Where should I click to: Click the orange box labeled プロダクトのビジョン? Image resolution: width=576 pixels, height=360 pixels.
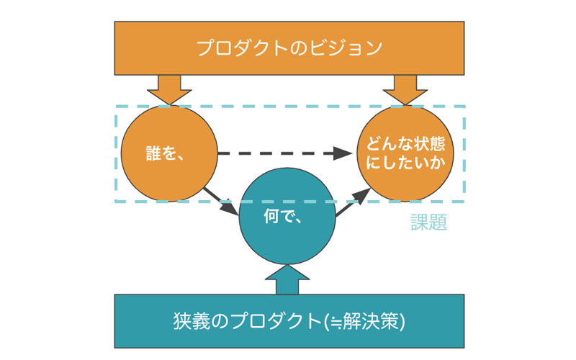click(289, 48)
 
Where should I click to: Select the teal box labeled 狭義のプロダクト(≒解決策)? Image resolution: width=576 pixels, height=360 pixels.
click(289, 321)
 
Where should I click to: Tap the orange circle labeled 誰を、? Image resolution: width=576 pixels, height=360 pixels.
click(169, 153)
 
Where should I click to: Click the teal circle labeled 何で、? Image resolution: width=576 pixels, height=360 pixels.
click(287, 216)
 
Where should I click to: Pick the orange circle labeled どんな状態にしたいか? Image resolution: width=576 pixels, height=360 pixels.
click(405, 153)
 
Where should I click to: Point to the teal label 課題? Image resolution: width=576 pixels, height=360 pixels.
click(428, 222)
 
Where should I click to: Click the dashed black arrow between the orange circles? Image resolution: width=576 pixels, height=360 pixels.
click(285, 153)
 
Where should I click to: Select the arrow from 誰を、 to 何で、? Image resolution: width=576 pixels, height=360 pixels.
click(221, 202)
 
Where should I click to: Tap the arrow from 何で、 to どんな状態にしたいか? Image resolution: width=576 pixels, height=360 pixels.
click(353, 202)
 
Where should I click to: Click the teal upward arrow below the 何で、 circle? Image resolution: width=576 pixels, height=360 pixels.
click(287, 279)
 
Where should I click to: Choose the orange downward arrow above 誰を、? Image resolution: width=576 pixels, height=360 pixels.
click(169, 90)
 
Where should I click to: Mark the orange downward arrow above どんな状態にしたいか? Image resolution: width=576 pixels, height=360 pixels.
click(405, 90)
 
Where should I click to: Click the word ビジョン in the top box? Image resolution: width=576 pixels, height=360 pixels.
click(346, 48)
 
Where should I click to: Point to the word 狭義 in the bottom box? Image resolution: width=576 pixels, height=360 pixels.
click(192, 321)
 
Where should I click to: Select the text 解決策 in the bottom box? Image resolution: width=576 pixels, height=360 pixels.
click(371, 321)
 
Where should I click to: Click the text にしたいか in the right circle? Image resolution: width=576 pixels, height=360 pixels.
click(405, 163)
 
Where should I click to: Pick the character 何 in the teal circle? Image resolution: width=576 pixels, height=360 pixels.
click(271, 216)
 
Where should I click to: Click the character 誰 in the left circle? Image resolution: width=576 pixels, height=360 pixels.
click(153, 153)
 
